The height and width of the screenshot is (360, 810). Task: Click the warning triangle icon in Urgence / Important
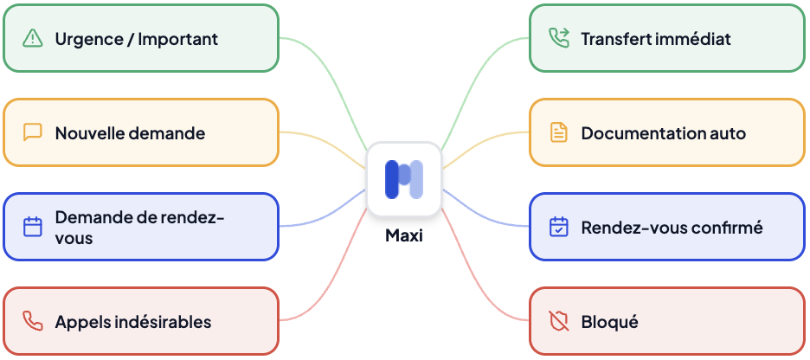pyautogui.click(x=33, y=38)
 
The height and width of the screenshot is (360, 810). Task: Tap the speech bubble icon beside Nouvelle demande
pyautogui.click(x=33, y=132)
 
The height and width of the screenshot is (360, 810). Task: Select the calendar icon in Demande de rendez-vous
pyautogui.click(x=33, y=227)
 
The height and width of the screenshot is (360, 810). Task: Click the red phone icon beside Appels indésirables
pyautogui.click(x=33, y=321)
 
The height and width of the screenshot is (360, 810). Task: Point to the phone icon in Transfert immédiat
pyautogui.click(x=559, y=38)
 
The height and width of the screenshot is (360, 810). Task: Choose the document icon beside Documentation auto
pyautogui.click(x=559, y=132)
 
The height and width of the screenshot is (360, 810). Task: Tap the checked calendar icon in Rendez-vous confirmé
pyautogui.click(x=559, y=227)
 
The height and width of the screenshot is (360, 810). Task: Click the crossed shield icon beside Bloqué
pyautogui.click(x=559, y=321)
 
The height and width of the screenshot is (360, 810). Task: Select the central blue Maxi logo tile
pyautogui.click(x=404, y=178)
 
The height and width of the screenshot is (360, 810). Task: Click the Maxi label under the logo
pyautogui.click(x=404, y=235)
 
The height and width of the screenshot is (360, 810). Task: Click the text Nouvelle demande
pyautogui.click(x=130, y=133)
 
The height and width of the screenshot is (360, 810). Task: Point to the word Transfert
pyautogui.click(x=615, y=39)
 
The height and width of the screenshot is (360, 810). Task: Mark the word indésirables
pyautogui.click(x=161, y=322)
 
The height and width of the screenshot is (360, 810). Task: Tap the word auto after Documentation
pyautogui.click(x=728, y=133)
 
